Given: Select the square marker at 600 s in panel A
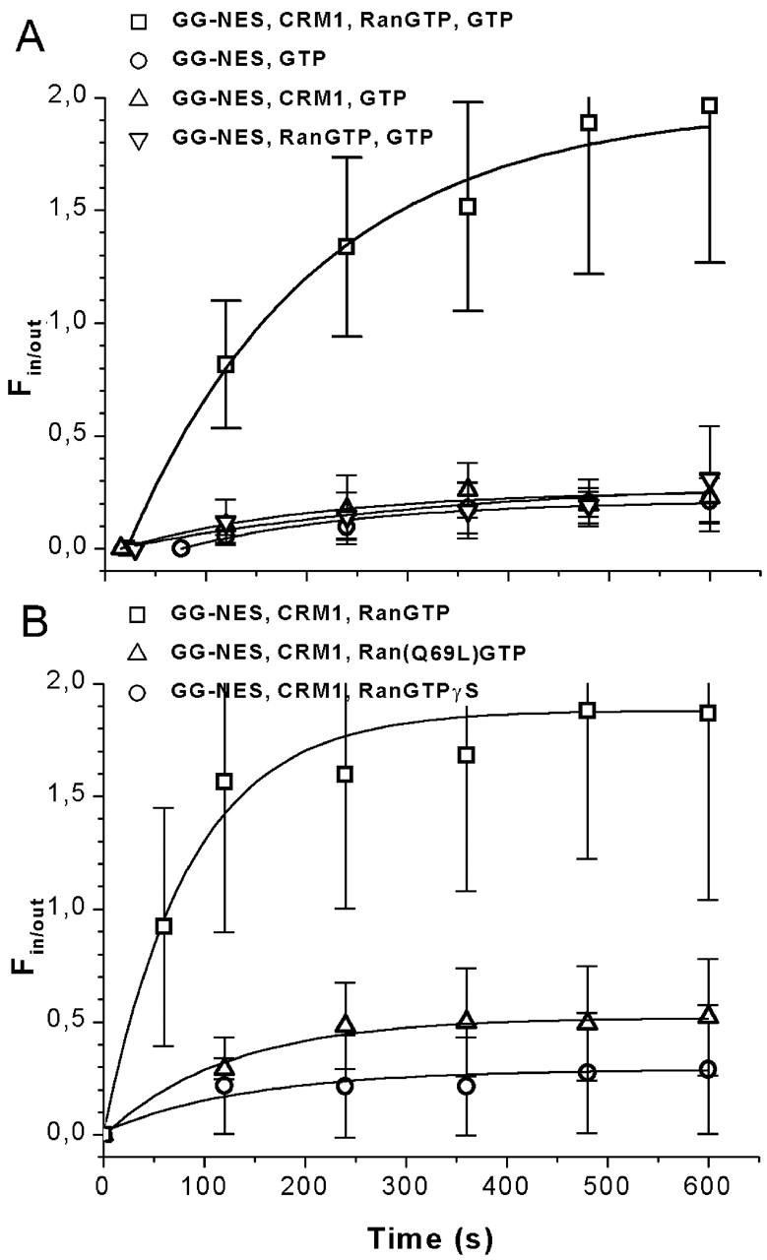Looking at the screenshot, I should point(708,105).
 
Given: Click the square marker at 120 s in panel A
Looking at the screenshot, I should point(225,364).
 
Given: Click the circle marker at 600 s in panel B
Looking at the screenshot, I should point(708,1069).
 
